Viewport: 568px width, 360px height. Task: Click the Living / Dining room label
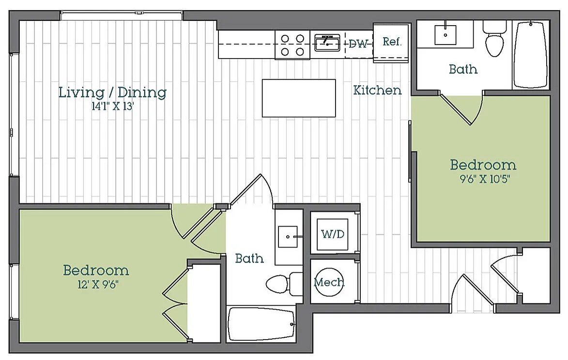pyautogui.click(x=112, y=92)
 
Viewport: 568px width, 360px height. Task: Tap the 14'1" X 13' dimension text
pyautogui.click(x=113, y=107)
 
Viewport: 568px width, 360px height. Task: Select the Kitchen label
pyautogui.click(x=378, y=90)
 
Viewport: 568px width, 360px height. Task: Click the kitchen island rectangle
pyautogui.click(x=299, y=98)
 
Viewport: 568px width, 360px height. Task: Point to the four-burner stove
pyautogui.click(x=292, y=45)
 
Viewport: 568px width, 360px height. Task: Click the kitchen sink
pyautogui.click(x=327, y=42)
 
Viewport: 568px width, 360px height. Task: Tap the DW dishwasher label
pyautogui.click(x=358, y=44)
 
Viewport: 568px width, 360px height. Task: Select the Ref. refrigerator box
pyautogui.click(x=392, y=42)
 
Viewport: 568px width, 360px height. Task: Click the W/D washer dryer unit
pyautogui.click(x=333, y=234)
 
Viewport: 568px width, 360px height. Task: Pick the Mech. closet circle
pyautogui.click(x=329, y=282)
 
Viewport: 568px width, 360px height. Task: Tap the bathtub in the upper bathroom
pyautogui.click(x=531, y=54)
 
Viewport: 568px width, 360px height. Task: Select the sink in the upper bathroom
pyautogui.click(x=445, y=33)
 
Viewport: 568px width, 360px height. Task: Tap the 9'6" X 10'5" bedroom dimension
pyautogui.click(x=485, y=179)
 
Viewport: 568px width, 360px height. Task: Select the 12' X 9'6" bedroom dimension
pyautogui.click(x=98, y=285)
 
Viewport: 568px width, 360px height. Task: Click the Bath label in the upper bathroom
pyautogui.click(x=463, y=69)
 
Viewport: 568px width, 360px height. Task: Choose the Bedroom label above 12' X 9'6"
pyautogui.click(x=96, y=270)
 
